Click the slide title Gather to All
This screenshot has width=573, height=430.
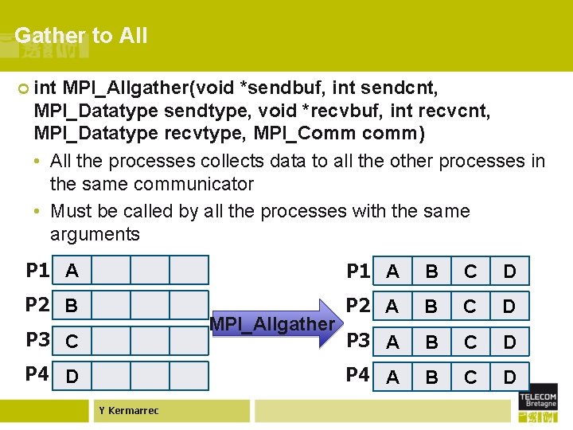point(80,36)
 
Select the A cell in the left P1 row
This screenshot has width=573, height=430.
point(72,271)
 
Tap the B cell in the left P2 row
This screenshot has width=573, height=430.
point(72,306)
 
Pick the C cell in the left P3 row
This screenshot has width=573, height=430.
point(72,342)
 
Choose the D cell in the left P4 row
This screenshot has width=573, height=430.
point(72,376)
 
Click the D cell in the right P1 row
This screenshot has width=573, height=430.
point(509,272)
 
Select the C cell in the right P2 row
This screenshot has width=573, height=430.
point(470,307)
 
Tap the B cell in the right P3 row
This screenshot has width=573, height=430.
point(431,342)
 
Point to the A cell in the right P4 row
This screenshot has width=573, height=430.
point(392,377)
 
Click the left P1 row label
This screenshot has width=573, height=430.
point(37,271)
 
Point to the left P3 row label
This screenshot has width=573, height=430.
point(37,341)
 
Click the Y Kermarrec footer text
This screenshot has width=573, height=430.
point(129,411)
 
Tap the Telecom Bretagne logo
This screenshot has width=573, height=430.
point(538,405)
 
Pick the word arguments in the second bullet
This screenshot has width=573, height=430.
point(95,234)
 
